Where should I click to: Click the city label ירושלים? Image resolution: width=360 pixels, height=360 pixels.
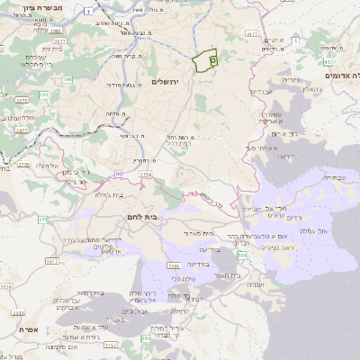coord(166,82)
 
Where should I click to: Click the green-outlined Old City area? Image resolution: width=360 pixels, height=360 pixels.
coord(205,59)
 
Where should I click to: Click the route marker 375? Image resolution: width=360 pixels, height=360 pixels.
coord(42,220)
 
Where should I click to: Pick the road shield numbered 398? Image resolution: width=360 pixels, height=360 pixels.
coord(243,256)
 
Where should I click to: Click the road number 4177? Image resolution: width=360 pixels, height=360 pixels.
coord(250,33)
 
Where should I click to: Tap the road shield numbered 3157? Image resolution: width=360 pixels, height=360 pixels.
coord(111,343)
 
